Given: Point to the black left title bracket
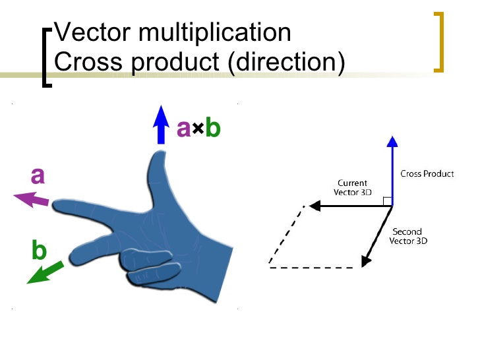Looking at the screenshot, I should (x=45, y=57).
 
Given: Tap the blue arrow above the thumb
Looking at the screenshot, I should (x=160, y=125).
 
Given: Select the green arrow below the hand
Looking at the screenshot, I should (x=45, y=272).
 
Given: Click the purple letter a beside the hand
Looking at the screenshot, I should (x=38, y=176).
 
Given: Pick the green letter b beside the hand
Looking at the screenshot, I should (x=39, y=251).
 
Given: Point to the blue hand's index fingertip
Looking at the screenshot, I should (x=57, y=206).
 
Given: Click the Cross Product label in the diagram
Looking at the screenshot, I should (x=427, y=174).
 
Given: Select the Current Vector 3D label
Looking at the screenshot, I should (x=352, y=187).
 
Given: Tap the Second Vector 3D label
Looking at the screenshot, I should (x=407, y=236).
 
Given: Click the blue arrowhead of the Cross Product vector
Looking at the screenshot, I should (x=392, y=140).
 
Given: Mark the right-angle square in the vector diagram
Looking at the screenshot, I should (x=388, y=201).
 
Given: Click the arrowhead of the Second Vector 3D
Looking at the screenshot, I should (x=367, y=261).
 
